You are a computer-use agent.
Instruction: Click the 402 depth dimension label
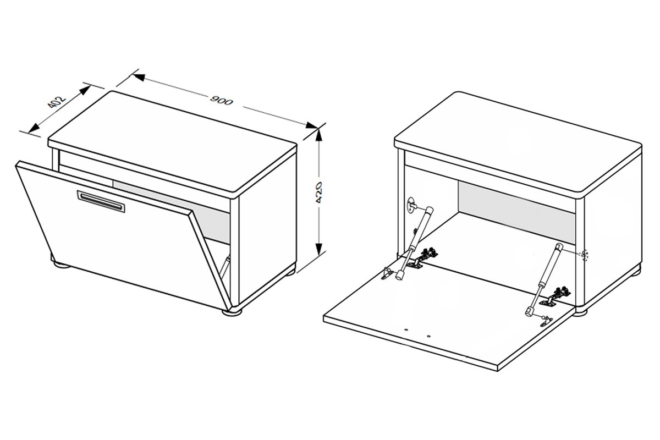(x=56, y=102)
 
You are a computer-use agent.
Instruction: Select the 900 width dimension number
(x=221, y=101)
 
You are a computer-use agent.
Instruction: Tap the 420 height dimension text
(x=318, y=193)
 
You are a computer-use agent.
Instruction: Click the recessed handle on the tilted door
(x=101, y=201)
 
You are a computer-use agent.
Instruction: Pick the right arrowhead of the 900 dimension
(x=311, y=125)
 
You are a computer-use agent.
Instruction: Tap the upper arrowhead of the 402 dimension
(x=85, y=90)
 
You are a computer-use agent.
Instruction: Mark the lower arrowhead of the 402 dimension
(x=34, y=128)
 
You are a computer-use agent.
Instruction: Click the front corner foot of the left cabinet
(x=232, y=312)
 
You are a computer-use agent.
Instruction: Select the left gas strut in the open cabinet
(x=415, y=243)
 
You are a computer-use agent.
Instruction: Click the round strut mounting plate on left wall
(x=412, y=205)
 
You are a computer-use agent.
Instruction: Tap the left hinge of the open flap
(x=422, y=258)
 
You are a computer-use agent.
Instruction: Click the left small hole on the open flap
(x=406, y=330)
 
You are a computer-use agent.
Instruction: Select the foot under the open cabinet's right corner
(x=580, y=312)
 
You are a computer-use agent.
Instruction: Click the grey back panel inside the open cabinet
(x=516, y=212)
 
